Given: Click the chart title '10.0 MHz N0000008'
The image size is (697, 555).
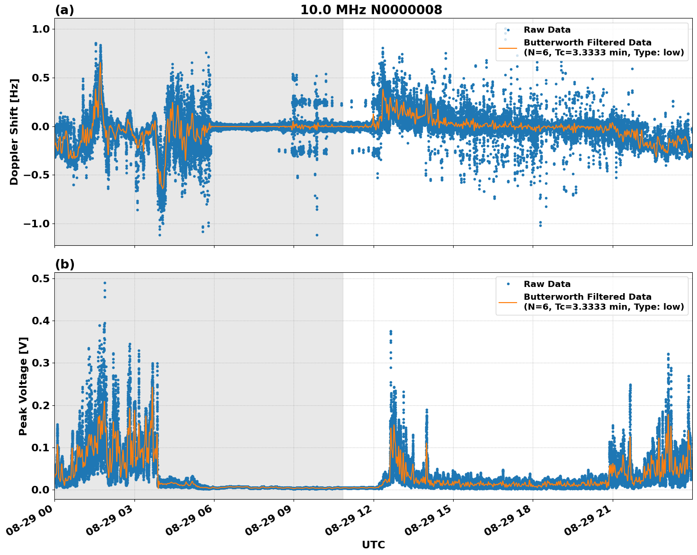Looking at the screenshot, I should tap(371, 10).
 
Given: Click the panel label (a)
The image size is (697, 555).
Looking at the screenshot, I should tap(64, 10).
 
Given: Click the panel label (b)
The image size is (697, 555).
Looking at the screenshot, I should tap(64, 264).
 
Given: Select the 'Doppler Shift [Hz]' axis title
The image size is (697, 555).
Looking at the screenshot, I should tap(14, 132).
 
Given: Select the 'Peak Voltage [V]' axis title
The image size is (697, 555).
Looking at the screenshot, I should tap(23, 386).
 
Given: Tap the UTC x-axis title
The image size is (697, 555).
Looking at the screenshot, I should tap(373, 545).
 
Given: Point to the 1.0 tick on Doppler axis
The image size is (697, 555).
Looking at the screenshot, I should tap(41, 29).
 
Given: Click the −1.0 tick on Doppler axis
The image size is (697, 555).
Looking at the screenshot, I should tap(36, 224).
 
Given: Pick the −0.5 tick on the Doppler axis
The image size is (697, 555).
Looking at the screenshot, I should tap(36, 175).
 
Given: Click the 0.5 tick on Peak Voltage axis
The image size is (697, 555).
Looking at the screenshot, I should tap(41, 279).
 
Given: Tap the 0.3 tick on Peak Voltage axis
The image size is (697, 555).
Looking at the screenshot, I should tap(41, 363).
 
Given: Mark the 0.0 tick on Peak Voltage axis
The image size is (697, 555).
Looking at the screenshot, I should tap(41, 490).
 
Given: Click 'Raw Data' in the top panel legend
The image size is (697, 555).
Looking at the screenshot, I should tap(547, 30).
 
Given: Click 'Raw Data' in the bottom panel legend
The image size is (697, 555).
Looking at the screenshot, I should tap(547, 284).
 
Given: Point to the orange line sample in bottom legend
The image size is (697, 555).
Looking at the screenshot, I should tap(509, 302).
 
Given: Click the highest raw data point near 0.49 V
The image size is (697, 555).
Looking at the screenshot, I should tap(105, 283).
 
